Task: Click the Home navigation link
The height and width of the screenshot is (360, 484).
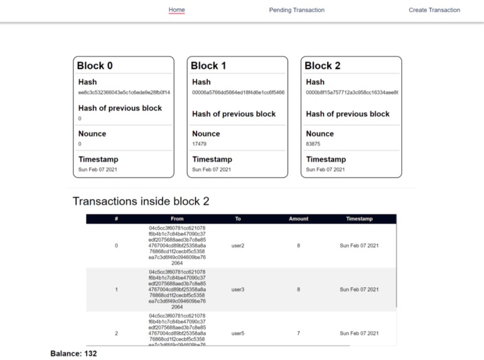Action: coord(176,10)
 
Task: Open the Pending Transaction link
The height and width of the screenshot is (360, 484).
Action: coord(296,10)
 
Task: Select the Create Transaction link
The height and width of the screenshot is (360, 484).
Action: coord(434,10)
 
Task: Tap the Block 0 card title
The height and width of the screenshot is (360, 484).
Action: coord(95,66)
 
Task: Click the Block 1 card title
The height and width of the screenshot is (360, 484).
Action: coord(208,66)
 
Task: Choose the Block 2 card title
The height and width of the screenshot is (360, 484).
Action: coord(323,66)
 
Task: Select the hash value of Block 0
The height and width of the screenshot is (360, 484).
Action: coord(124,92)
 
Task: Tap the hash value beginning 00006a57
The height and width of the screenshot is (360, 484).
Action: coord(238,92)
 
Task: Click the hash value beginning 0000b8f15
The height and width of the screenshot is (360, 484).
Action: coord(352,92)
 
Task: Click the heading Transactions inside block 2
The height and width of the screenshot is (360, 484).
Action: coord(141,202)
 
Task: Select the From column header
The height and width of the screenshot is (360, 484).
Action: coord(177,219)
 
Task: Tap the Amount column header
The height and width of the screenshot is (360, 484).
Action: coord(298,219)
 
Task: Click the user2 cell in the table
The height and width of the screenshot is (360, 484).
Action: coord(237,246)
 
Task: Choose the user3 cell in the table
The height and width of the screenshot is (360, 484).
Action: coord(237,290)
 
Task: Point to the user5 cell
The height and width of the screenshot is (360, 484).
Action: coord(237,333)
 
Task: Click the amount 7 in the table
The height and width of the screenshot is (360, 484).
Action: coord(298,333)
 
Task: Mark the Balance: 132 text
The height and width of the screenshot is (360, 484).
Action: coord(73,354)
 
